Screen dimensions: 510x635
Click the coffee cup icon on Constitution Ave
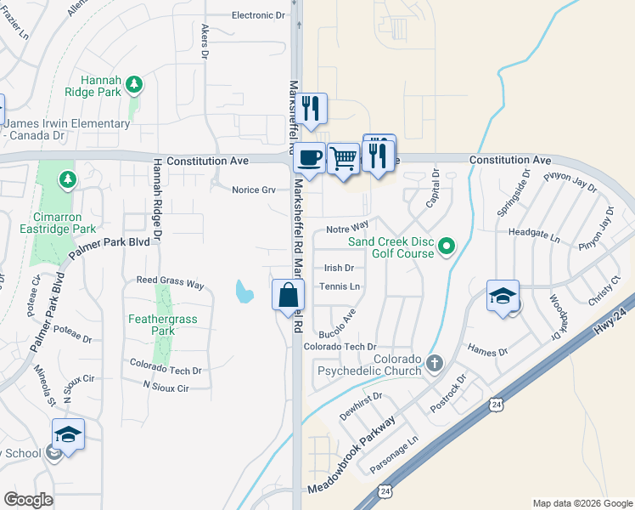(309, 158)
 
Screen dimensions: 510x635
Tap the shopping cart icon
(343, 157)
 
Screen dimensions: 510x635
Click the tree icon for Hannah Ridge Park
(133, 83)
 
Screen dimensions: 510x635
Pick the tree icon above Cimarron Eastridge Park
(67, 179)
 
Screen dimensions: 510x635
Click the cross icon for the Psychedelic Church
(435, 364)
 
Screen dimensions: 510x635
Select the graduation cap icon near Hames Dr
(503, 296)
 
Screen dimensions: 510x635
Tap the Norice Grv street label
(254, 190)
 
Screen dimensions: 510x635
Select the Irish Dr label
(338, 268)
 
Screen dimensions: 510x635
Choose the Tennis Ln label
(340, 286)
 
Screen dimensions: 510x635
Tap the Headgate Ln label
(535, 231)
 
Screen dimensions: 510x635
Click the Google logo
(28, 499)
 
